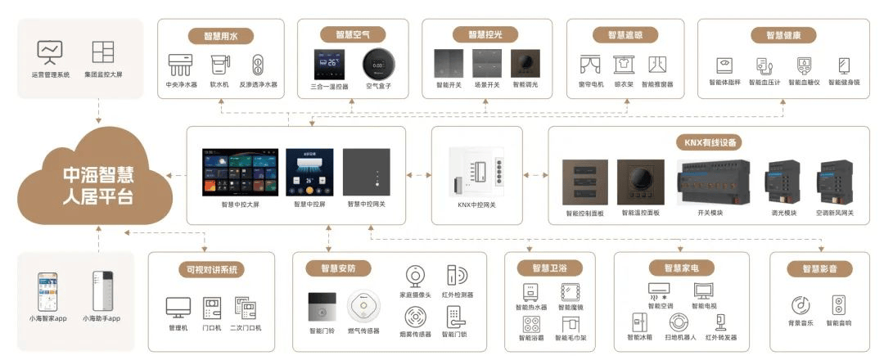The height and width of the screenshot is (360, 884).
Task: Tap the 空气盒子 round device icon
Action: click(379, 63)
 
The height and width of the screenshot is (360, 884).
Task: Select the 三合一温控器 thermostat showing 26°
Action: click(328, 63)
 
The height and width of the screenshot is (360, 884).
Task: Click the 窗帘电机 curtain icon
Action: click(590, 64)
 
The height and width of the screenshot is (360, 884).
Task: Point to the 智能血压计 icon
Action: click(763, 65)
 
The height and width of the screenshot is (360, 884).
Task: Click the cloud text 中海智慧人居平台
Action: click(99, 186)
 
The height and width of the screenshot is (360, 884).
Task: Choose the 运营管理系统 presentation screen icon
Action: click(51, 52)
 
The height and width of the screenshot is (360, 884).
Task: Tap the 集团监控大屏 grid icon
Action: click(103, 52)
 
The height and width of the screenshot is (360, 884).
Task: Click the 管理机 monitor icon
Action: click(178, 308)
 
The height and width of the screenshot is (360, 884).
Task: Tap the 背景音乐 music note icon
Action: click(801, 305)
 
